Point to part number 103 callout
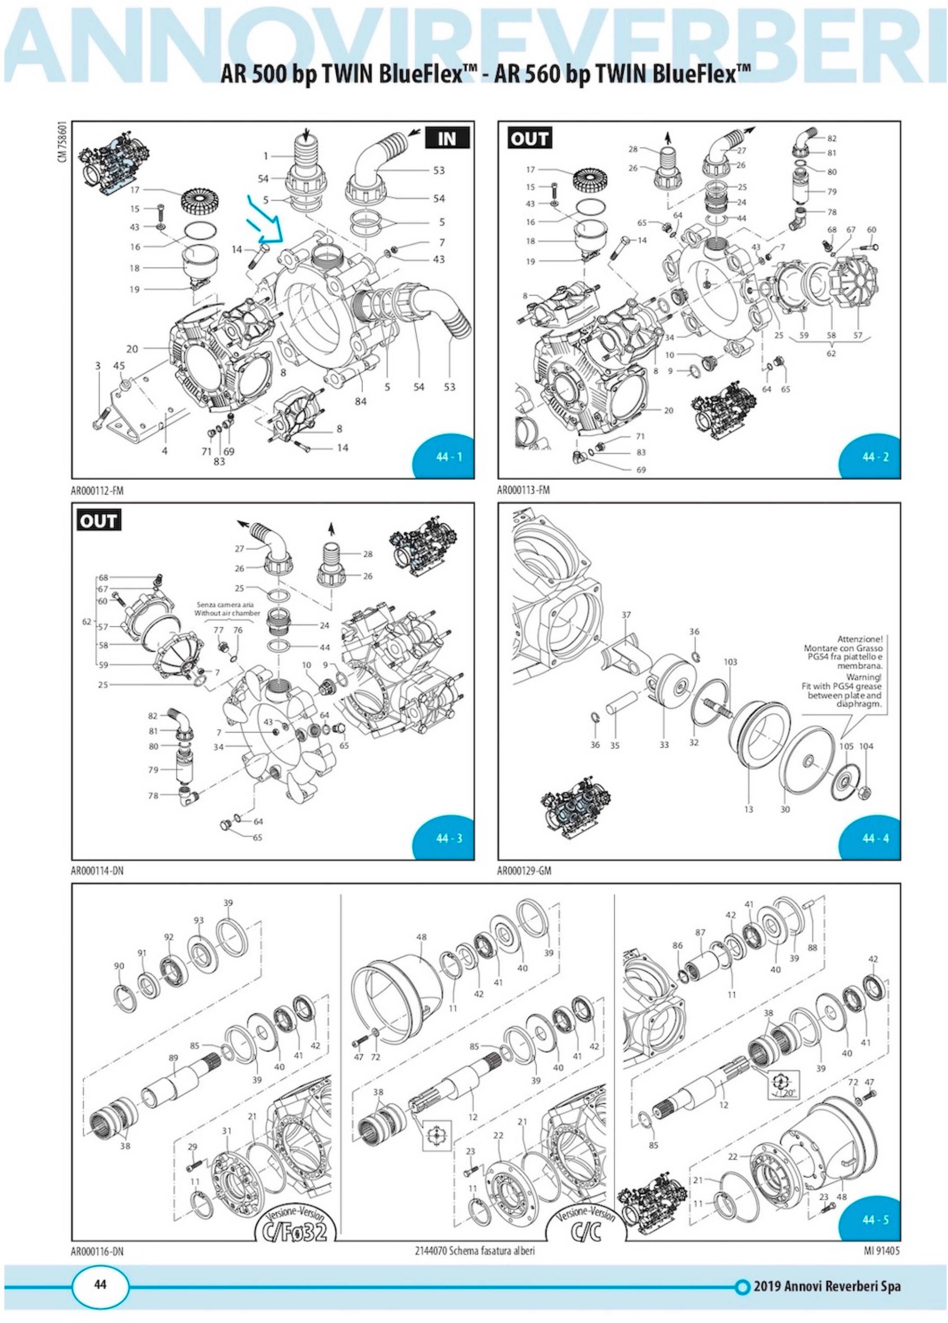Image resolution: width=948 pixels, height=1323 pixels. coord(730,662)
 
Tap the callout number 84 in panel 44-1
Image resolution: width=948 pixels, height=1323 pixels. coord(361,401)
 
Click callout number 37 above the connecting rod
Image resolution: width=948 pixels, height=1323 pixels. coord(626,615)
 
